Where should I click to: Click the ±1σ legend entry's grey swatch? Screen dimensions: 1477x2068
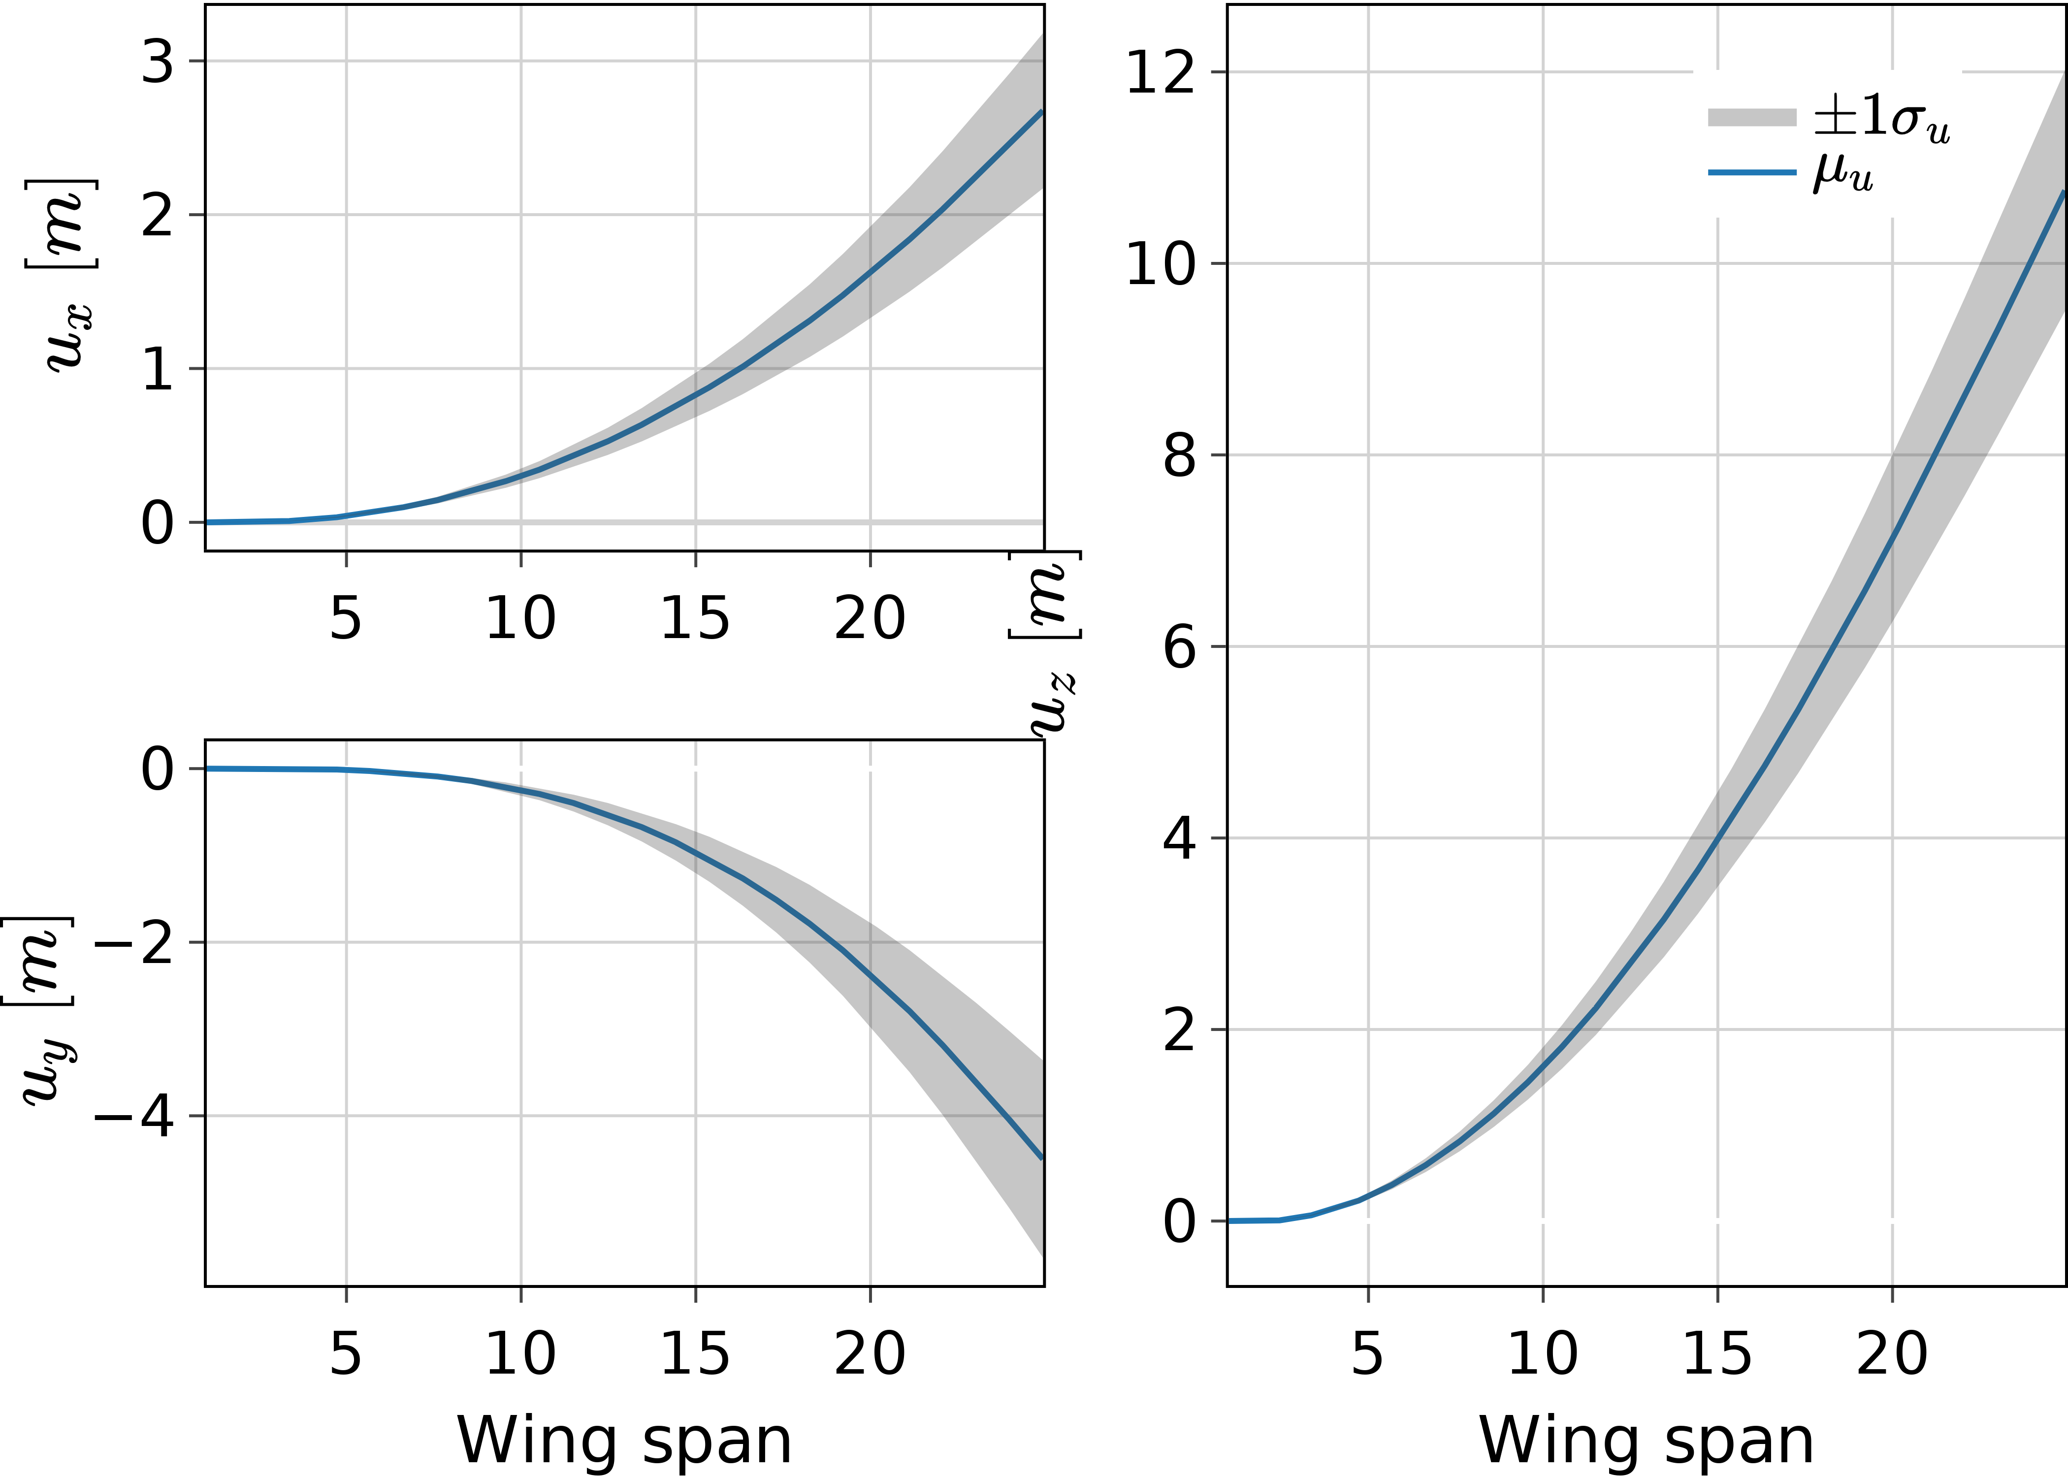click(x=1751, y=117)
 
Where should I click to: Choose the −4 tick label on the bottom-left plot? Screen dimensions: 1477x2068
click(x=134, y=1117)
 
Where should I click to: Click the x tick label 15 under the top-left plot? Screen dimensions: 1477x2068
click(x=695, y=618)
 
